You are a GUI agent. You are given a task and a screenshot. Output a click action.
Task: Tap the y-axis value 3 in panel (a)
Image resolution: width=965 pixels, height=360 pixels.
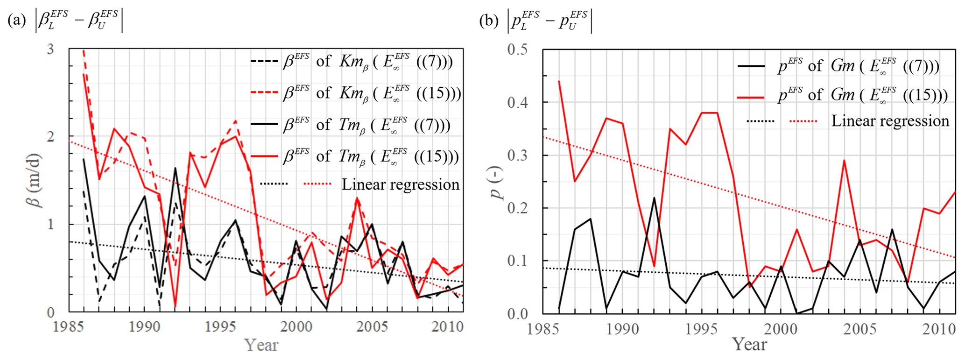click(x=50, y=49)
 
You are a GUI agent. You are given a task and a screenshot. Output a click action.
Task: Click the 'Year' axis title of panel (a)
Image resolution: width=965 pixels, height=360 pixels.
click(x=261, y=345)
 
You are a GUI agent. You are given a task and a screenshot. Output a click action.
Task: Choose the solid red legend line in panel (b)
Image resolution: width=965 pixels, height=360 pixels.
click(x=751, y=97)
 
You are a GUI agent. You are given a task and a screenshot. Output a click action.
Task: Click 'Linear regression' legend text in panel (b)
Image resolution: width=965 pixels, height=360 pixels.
click(x=890, y=121)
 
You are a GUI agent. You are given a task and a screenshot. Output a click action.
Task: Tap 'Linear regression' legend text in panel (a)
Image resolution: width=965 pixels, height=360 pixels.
click(x=401, y=184)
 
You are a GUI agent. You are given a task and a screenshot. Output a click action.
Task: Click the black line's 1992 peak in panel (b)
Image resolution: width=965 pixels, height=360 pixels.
click(x=654, y=198)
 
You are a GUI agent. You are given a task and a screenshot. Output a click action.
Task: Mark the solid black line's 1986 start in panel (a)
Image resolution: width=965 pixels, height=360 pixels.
click(x=84, y=159)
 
